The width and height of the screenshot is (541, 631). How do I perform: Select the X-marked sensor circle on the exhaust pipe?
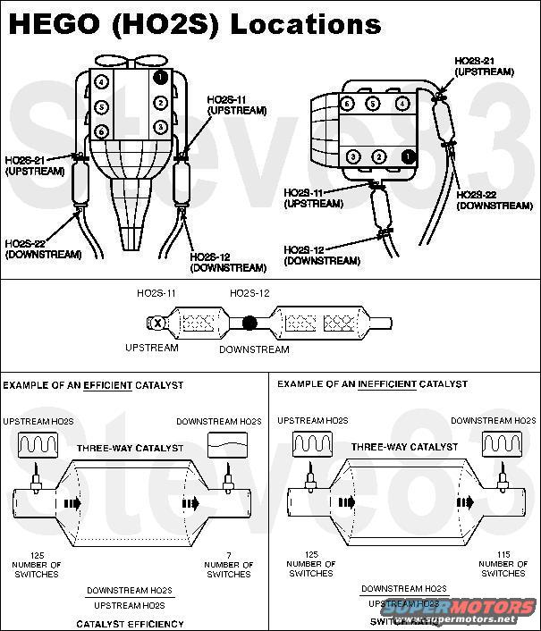pos(158,322)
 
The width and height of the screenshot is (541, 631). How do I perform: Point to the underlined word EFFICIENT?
pos(108,384)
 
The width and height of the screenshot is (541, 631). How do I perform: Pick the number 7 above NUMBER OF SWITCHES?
pos(228,554)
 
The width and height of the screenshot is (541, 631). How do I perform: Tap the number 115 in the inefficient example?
pos(503,554)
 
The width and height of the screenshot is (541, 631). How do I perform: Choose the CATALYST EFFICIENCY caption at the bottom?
pos(131,623)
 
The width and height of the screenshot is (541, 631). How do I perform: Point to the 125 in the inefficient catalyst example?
pos(310,554)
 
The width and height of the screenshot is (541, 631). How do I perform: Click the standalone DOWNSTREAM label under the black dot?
pos(254,349)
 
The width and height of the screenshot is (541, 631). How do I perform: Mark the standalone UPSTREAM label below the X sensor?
pos(151,348)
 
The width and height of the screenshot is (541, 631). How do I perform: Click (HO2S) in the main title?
pos(164,23)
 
